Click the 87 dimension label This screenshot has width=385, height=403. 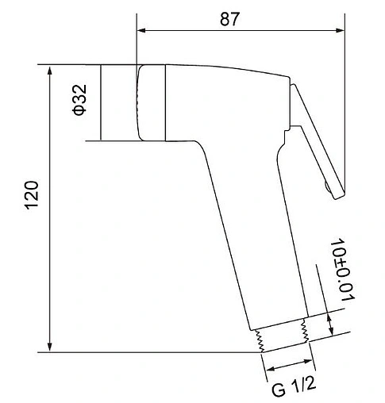click(230, 19)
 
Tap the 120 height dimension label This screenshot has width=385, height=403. click(32, 195)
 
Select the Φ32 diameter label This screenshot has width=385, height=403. click(79, 100)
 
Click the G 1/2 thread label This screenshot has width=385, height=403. click(294, 386)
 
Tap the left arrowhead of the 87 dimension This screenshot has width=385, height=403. click(141, 30)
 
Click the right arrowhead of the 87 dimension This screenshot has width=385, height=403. click(340, 30)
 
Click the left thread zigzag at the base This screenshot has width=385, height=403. click(259, 341)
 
